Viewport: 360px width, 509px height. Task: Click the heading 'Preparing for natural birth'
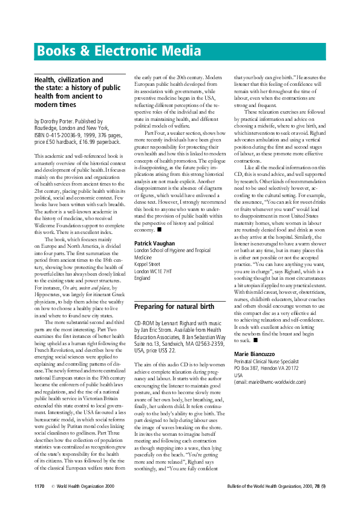172,306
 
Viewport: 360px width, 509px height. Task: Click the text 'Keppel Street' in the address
149,264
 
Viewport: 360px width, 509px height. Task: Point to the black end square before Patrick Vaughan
159,230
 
